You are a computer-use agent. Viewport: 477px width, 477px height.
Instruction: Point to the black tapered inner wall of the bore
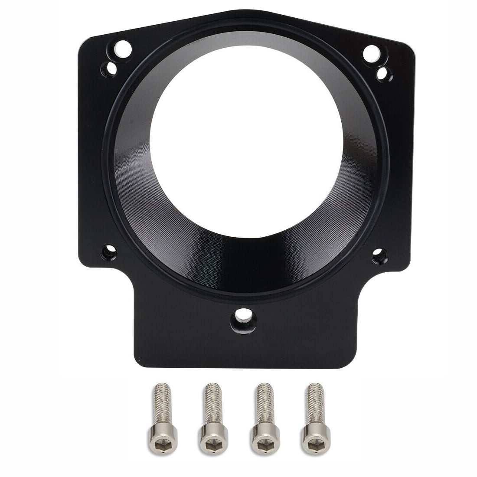click(243, 252)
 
